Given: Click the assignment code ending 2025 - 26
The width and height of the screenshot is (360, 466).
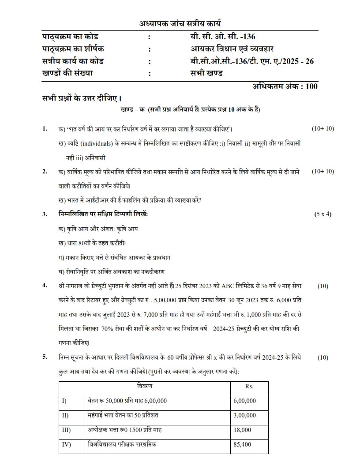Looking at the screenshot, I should pyautogui.click(x=249, y=61).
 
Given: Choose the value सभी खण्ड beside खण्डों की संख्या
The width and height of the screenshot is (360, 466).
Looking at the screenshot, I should pyautogui.click(x=203, y=73).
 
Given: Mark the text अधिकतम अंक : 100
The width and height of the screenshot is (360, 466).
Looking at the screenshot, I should pyautogui.click(x=285, y=86).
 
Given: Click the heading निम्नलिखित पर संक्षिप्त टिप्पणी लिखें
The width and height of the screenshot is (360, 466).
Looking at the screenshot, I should pyautogui.click(x=103, y=214).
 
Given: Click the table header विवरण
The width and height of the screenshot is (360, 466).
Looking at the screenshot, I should pyautogui.click(x=145, y=386).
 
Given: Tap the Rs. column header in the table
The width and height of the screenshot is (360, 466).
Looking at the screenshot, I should pyautogui.click(x=248, y=386).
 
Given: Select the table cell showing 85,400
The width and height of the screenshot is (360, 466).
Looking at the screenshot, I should pyautogui.click(x=242, y=444).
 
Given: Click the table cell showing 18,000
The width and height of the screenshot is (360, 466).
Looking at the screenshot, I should pyautogui.click(x=242, y=430).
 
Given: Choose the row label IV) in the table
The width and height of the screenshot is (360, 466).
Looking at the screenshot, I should pyautogui.click(x=67, y=444).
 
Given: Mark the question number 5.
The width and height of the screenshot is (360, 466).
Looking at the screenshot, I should pyautogui.click(x=45, y=357).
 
